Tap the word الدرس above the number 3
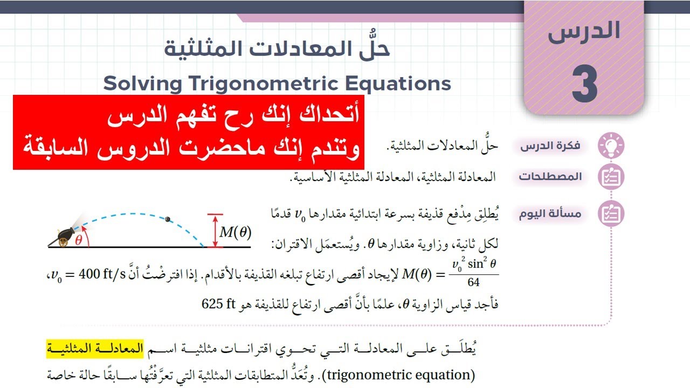584,32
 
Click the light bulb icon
611,145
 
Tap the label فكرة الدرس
550,145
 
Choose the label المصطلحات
550,177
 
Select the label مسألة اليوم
550,214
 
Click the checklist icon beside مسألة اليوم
611,214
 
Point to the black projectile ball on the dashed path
168,218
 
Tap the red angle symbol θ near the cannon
79,241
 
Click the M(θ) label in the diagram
236,232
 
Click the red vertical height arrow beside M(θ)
215,231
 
